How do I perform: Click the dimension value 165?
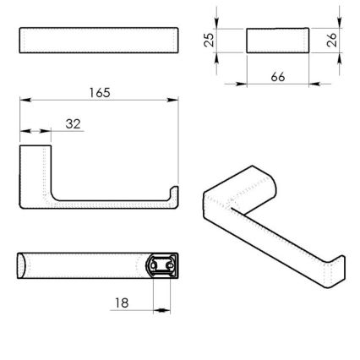pyautogui.click(x=101, y=90)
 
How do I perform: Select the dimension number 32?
pyautogui.click(x=73, y=123)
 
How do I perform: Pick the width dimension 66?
pyautogui.click(x=277, y=77)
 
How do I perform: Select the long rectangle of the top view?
pyautogui.click(x=99, y=41)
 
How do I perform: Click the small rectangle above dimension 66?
pyautogui.click(x=277, y=41)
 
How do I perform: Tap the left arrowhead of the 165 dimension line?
pyautogui.click(x=23, y=101)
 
